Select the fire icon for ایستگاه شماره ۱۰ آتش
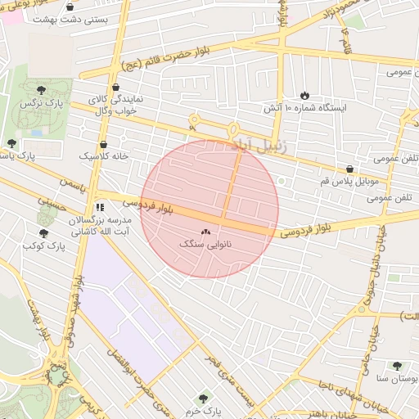tap(305, 95)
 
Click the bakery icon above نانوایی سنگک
tap(205, 232)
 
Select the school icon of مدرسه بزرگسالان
tap(99, 208)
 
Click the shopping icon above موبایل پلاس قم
tap(350, 169)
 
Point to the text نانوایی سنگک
tap(205, 245)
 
